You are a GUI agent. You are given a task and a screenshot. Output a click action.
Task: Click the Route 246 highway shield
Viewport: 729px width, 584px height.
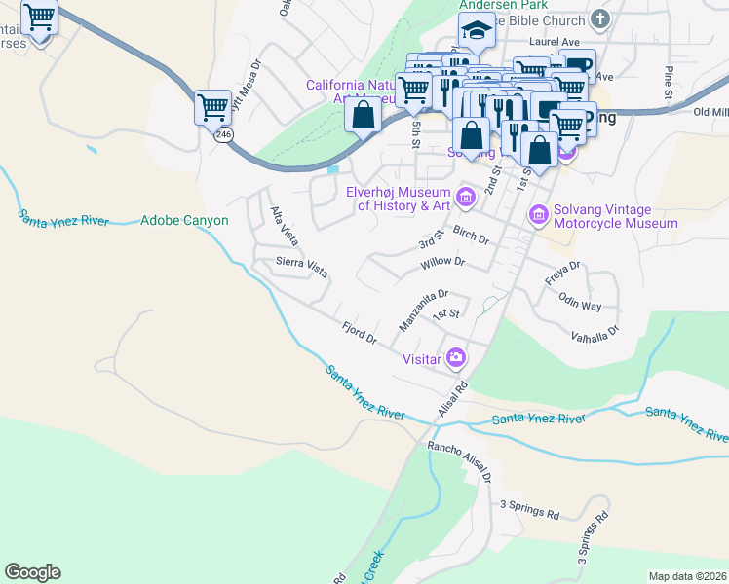pos(224,135)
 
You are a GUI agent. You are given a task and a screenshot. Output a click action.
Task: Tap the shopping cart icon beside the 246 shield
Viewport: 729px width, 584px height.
pos(212,106)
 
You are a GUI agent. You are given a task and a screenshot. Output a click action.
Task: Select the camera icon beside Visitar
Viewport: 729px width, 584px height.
pos(455,358)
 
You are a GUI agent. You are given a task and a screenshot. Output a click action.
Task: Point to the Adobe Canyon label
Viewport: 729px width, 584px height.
pos(184,221)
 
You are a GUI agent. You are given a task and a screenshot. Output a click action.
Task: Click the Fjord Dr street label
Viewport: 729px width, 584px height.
pos(359,333)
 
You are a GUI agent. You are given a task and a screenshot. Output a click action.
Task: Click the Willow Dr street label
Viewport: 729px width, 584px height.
pos(443,263)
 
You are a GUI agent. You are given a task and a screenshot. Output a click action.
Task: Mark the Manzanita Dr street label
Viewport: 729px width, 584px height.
pos(423,309)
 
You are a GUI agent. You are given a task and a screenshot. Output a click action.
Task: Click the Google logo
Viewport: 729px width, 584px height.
pos(32,572)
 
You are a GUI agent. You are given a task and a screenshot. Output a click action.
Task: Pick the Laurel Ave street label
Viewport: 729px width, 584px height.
pos(555,42)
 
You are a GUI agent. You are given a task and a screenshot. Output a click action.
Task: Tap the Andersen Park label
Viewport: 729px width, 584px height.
pos(494,5)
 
